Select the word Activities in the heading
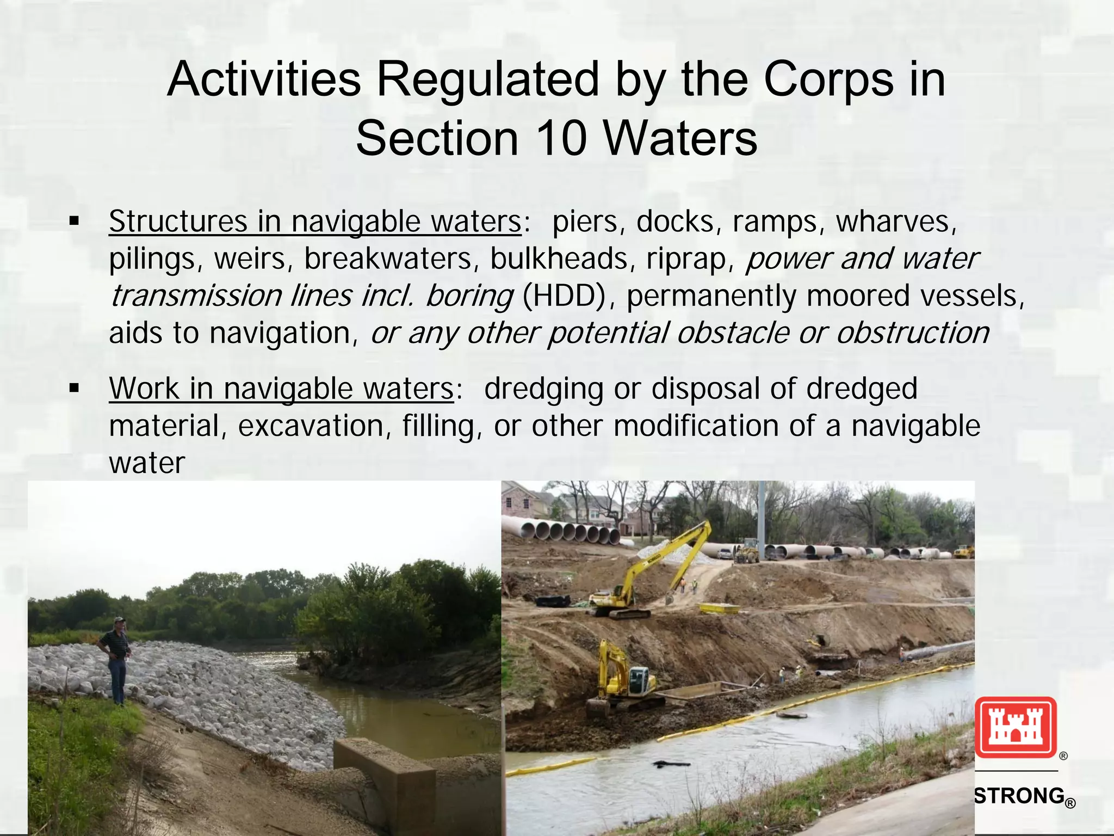(x=263, y=79)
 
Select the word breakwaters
(x=388, y=259)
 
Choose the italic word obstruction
(x=913, y=333)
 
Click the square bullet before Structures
(x=75, y=222)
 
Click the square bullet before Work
(x=75, y=389)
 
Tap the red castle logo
(x=1015, y=727)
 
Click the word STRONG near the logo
(x=1018, y=796)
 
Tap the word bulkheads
(x=559, y=259)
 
